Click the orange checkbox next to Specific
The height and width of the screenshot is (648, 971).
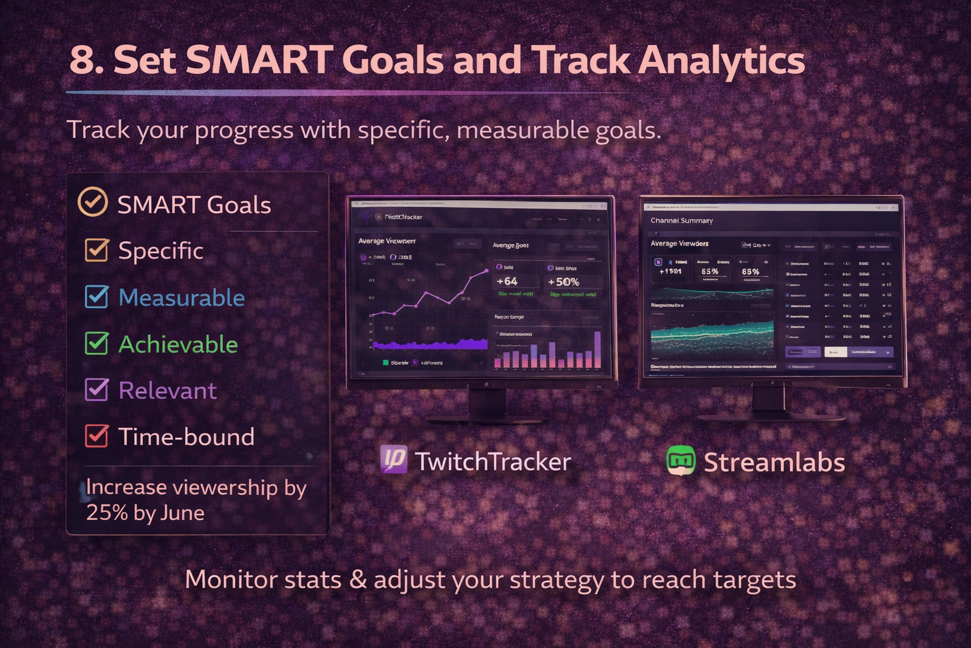[x=97, y=250]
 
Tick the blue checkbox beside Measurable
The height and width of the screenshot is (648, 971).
[x=97, y=297]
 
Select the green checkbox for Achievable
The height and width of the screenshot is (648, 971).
[x=97, y=344]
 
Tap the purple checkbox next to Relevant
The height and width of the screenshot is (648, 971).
[x=97, y=390]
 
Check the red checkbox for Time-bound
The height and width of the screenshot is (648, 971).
[x=97, y=436]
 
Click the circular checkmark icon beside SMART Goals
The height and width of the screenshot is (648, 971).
[x=92, y=202]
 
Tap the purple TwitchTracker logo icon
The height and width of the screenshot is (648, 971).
[x=394, y=459]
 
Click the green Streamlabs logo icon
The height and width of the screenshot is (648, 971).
[x=681, y=461]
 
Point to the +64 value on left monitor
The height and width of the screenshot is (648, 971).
[x=507, y=282]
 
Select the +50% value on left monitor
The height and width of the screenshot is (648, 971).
[x=563, y=282]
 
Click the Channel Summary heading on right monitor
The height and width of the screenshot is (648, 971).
[x=681, y=221]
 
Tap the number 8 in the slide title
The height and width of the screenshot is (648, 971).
[x=82, y=61]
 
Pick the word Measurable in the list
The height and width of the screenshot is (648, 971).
[x=181, y=297]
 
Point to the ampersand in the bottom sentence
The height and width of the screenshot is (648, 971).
[x=358, y=580]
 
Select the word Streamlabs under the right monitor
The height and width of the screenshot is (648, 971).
[x=774, y=463]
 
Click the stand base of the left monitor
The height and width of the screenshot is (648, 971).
[x=487, y=419]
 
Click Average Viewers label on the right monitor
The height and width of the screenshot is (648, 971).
[x=680, y=244]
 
